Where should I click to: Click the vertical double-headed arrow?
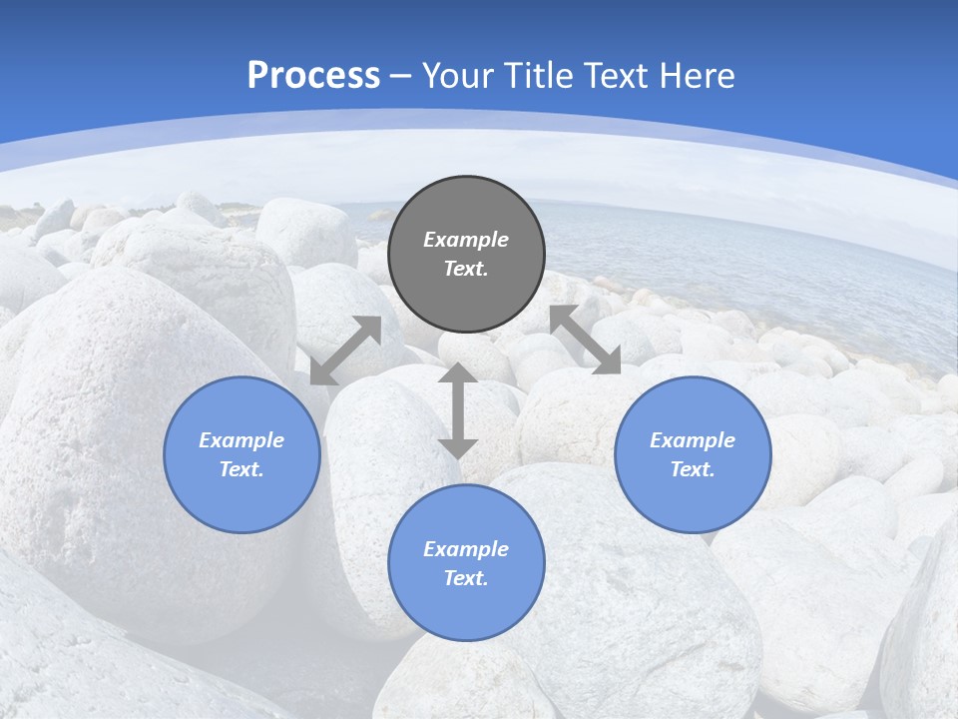point(458,410)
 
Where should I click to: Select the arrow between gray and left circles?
point(346,351)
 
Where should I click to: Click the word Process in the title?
point(313,75)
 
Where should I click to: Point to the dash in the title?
point(401,76)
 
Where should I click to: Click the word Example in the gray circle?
point(466,240)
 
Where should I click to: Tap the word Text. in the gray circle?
point(466,269)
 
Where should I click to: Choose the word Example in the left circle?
point(241,440)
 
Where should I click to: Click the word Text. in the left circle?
point(241,469)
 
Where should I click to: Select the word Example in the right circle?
point(693,440)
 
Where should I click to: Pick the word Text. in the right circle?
point(693,469)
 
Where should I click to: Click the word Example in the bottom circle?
point(466,549)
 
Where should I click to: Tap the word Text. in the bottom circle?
point(466,578)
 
